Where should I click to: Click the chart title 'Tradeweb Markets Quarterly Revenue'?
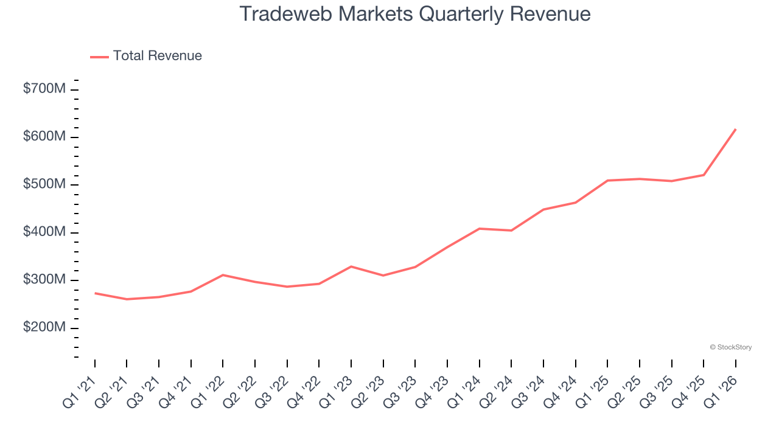[415, 14]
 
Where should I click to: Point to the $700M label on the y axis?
[44, 89]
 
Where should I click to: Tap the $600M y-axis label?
[44, 137]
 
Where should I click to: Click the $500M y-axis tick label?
[44, 184]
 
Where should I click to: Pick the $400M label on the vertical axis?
[44, 232]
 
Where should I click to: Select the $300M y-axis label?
[44, 280]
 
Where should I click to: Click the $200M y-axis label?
[44, 328]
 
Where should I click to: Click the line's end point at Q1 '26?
[736, 129]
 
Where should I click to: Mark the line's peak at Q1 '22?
[223, 275]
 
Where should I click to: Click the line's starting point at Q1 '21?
[95, 293]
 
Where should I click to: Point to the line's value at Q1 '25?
[607, 181]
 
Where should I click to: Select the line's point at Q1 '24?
[480, 229]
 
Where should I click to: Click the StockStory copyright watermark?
[730, 347]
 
